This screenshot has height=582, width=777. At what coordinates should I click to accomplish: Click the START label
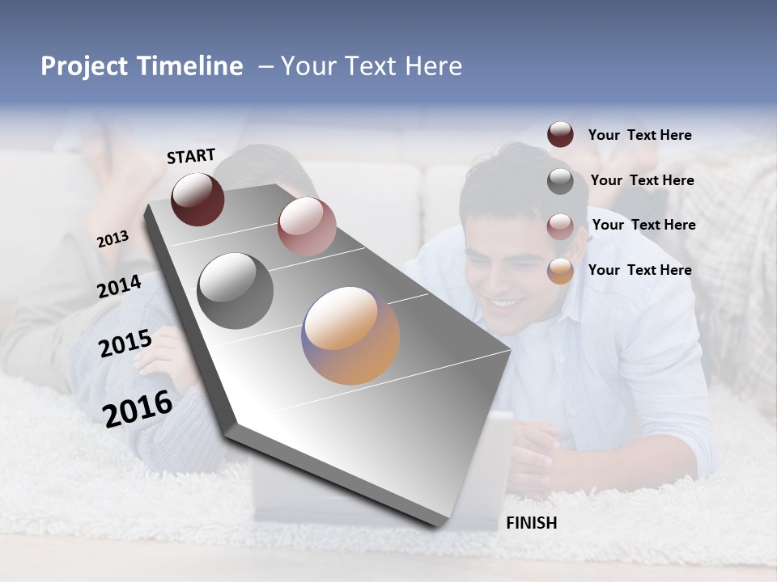pos(191,156)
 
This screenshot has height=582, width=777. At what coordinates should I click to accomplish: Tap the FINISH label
pos(531,523)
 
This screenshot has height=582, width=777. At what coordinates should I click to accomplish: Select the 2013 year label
pos(113,239)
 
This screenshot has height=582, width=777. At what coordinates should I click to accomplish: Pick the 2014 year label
pos(119,287)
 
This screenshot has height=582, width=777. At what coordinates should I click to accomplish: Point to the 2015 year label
pos(125,344)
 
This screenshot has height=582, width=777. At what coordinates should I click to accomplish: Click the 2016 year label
pos(138,408)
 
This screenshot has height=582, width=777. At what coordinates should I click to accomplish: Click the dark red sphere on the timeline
pos(197,199)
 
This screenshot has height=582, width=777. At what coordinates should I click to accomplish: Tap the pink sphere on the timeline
pos(306,226)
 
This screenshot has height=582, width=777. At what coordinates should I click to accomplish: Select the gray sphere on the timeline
pos(236,291)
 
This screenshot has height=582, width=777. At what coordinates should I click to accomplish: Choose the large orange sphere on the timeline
pos(350,335)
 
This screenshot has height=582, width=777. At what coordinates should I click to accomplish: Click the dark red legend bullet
pos(560,135)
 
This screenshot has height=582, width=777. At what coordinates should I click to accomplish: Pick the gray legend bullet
pos(560,181)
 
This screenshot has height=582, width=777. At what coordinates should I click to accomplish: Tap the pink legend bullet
pos(560,226)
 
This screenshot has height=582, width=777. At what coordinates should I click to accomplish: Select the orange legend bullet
pos(560,271)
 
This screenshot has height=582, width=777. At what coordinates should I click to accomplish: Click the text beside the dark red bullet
pos(639,135)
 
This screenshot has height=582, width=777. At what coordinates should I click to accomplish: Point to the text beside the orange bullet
pos(639,270)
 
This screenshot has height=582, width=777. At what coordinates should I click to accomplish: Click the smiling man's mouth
pos(506,305)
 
